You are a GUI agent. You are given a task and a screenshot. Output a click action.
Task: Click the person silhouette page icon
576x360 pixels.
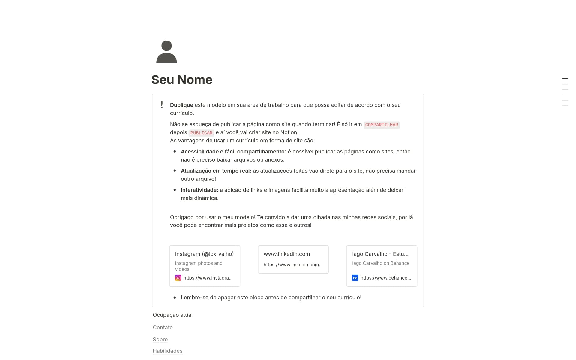[166, 52]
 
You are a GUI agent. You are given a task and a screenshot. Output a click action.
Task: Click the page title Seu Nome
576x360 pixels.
[182, 80]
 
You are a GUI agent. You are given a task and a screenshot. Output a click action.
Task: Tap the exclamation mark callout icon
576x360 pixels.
[162, 105]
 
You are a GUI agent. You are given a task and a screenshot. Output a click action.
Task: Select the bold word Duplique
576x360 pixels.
[181, 105]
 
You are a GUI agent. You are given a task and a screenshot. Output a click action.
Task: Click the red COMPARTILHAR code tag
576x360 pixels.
[382, 125]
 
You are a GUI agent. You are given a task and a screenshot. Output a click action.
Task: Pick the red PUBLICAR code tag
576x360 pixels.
[201, 133]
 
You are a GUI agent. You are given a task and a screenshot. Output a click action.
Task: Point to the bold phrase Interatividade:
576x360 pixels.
[199, 190]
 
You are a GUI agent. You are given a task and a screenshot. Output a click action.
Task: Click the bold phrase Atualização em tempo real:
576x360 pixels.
[216, 171]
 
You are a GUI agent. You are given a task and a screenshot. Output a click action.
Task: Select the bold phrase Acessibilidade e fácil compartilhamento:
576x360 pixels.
[233, 152]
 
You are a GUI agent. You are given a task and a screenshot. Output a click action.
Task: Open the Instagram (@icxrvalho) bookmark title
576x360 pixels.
[204, 254]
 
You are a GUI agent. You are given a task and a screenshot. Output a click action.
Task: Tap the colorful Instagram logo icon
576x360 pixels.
[178, 278]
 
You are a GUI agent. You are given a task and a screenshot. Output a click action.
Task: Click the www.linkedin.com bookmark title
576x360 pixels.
[287, 254]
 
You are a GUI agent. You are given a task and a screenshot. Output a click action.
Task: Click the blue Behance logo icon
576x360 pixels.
[355, 278]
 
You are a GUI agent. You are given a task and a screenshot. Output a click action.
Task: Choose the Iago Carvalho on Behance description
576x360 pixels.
[381, 263]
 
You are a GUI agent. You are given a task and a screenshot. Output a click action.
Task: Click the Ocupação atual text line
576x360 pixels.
[173, 315]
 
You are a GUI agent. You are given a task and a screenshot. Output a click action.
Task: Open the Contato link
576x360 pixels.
[163, 328]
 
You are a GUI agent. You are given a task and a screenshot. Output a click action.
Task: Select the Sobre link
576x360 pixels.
[160, 340]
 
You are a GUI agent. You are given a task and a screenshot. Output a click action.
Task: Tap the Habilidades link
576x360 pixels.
[167, 351]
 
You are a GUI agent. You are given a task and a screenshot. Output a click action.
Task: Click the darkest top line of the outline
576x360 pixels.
[565, 79]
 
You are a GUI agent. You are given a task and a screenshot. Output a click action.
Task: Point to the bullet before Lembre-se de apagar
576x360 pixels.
[175, 298]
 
